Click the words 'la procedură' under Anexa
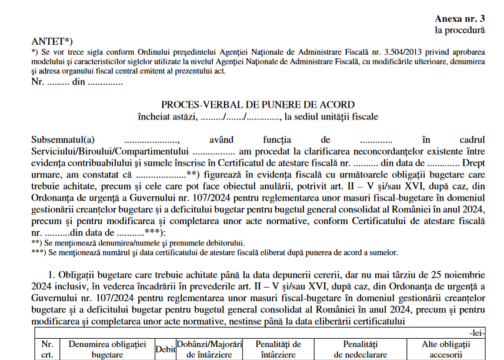point(460,29)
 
